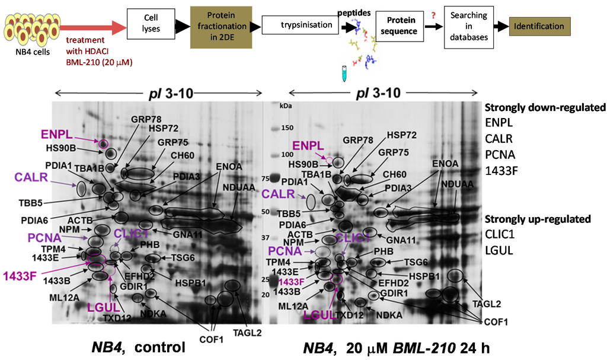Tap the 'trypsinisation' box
pyautogui.click(x=299, y=26)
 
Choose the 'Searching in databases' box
pyautogui.click(x=468, y=27)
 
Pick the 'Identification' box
pyautogui.click(x=539, y=26)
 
